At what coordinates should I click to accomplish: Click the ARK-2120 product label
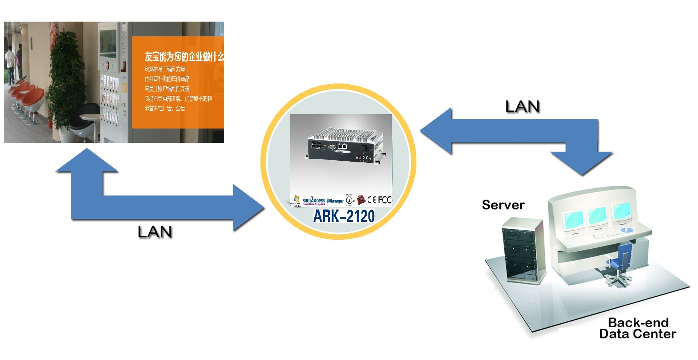click(344, 216)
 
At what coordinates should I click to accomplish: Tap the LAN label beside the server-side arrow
click(522, 107)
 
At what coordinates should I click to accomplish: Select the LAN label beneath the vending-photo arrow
click(155, 232)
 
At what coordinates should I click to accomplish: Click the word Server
click(503, 205)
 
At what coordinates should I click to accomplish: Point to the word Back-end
click(638, 322)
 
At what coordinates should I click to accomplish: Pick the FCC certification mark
click(385, 200)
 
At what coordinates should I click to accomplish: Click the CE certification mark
click(372, 200)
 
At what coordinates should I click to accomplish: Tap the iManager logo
click(335, 201)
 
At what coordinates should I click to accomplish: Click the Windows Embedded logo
click(295, 201)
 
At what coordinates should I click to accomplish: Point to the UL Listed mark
click(349, 200)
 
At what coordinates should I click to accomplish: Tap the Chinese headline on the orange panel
click(184, 57)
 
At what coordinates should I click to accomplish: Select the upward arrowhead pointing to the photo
click(87, 160)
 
